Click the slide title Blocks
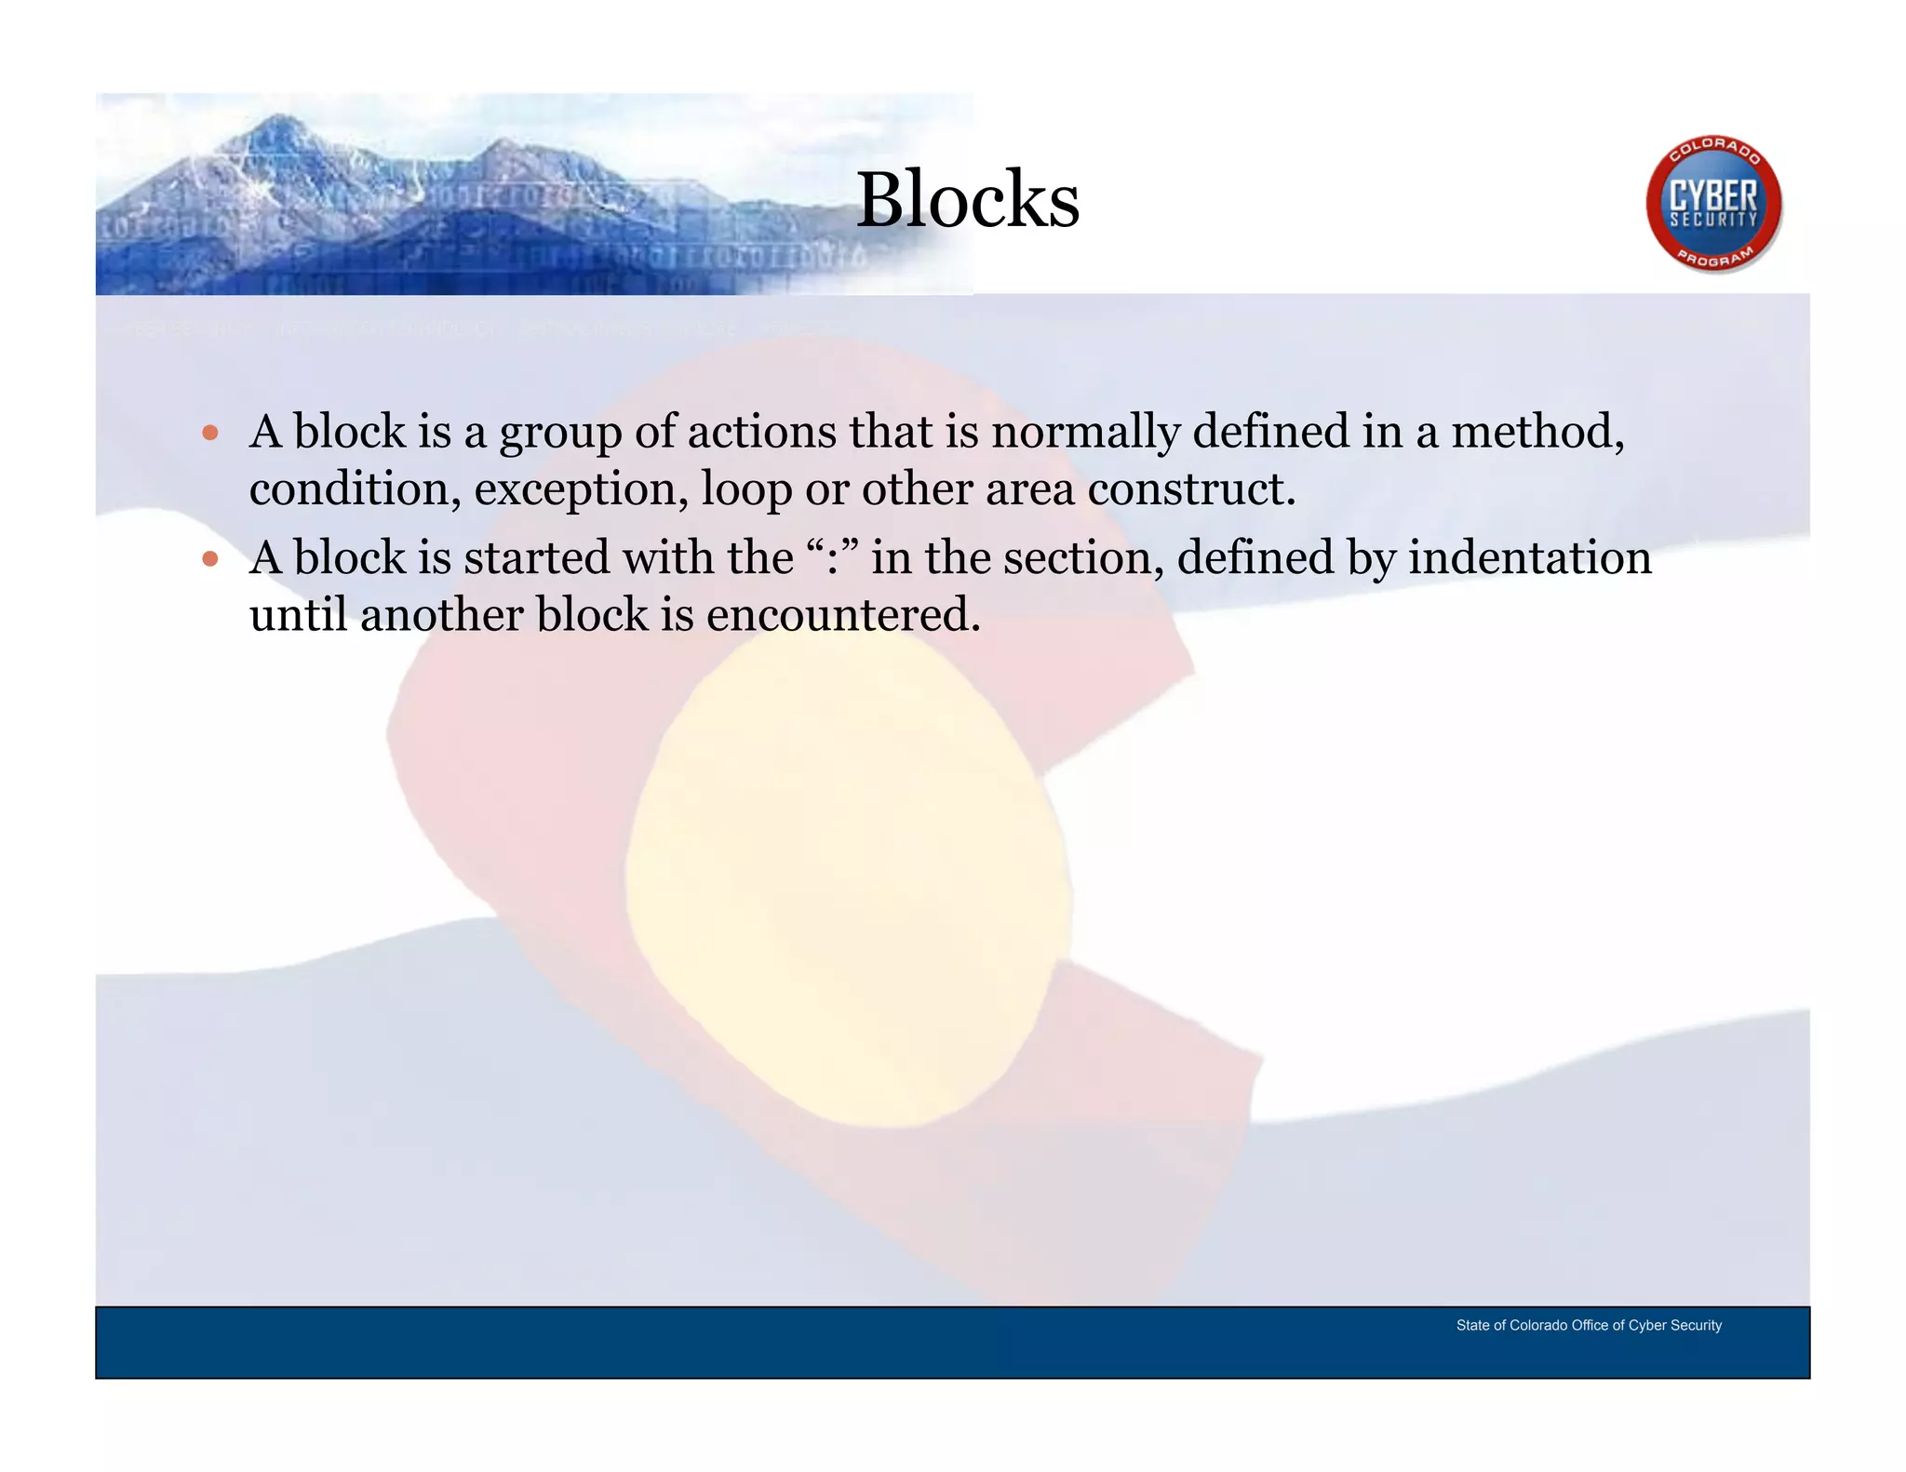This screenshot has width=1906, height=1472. [x=967, y=199]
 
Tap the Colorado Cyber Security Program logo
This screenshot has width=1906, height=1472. [x=1713, y=205]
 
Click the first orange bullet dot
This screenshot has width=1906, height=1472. [x=210, y=433]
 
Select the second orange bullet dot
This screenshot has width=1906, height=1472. [x=210, y=558]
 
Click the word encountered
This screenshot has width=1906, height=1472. [x=843, y=615]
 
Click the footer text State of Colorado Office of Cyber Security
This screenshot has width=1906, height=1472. [x=1588, y=1325]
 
